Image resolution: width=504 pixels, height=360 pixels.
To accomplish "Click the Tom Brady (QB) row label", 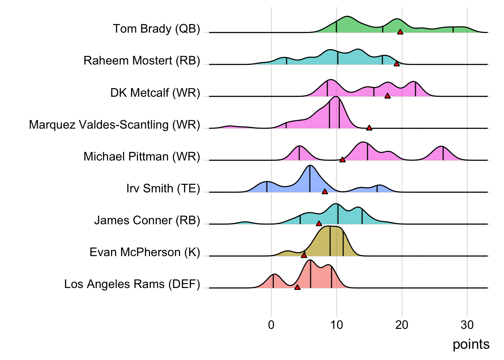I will click(156, 29).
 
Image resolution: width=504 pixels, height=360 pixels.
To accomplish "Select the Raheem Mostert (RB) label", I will click(142, 61).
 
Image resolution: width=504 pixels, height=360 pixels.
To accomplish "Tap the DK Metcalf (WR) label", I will click(155, 93).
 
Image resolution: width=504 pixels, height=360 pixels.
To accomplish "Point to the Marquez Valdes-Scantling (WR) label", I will click(114, 124).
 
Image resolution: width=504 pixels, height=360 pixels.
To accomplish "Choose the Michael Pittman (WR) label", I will click(142, 156).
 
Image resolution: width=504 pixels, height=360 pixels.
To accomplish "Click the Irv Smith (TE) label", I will click(163, 188).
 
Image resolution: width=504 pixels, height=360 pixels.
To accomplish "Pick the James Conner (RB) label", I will click(147, 220).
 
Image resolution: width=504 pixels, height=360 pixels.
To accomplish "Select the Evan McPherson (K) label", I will click(145, 252).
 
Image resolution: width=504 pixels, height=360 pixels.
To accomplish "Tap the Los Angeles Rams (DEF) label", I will click(132, 284).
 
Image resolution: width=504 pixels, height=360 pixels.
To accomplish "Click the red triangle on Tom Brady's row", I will click(400, 32).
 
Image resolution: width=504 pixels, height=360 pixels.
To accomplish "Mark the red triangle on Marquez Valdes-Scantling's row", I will click(369, 128).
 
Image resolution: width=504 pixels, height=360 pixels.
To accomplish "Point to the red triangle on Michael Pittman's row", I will click(342, 160).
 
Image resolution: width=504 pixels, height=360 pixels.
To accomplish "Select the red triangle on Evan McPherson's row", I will click(304, 255).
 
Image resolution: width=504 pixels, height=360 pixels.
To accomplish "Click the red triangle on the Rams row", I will click(297, 287).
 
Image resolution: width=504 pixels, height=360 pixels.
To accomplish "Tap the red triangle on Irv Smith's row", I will click(325, 192).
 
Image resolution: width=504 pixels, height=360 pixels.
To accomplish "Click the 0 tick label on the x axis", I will click(271, 325).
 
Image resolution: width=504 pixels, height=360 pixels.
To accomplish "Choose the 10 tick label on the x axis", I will click(336, 325).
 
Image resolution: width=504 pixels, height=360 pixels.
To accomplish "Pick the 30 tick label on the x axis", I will click(467, 325).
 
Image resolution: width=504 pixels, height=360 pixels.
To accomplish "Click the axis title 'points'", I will click(471, 344).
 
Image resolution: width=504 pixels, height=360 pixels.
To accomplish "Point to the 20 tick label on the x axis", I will click(402, 325).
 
